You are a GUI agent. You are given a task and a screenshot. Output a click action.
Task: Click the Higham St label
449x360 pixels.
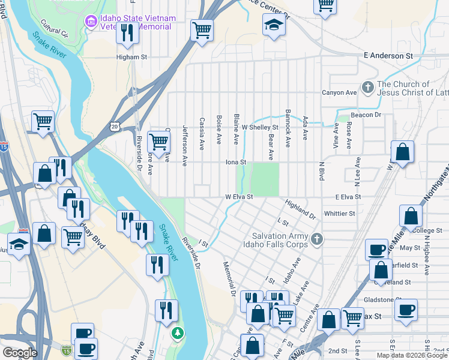(x=131, y=58)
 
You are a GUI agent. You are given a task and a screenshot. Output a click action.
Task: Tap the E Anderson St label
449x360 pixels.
(x=388, y=55)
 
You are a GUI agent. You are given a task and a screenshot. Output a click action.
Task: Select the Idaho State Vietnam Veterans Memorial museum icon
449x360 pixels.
(x=91, y=22)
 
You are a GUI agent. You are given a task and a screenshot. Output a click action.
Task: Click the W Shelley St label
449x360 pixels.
(x=260, y=127)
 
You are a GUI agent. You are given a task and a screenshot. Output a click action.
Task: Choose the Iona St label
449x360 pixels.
(x=236, y=162)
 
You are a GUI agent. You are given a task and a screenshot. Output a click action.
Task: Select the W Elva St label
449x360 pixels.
(x=239, y=196)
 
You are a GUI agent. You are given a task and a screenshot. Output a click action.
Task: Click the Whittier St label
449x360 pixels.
(x=339, y=213)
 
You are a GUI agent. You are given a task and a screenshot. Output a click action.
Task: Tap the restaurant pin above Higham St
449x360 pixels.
(x=127, y=32)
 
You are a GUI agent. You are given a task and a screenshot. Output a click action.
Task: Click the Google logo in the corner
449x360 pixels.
(x=20, y=353)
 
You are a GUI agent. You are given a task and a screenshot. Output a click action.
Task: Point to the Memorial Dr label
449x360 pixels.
(x=229, y=278)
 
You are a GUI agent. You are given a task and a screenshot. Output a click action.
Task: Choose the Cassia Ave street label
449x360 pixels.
(x=202, y=131)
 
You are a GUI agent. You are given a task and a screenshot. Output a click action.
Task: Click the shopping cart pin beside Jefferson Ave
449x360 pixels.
(x=158, y=143)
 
